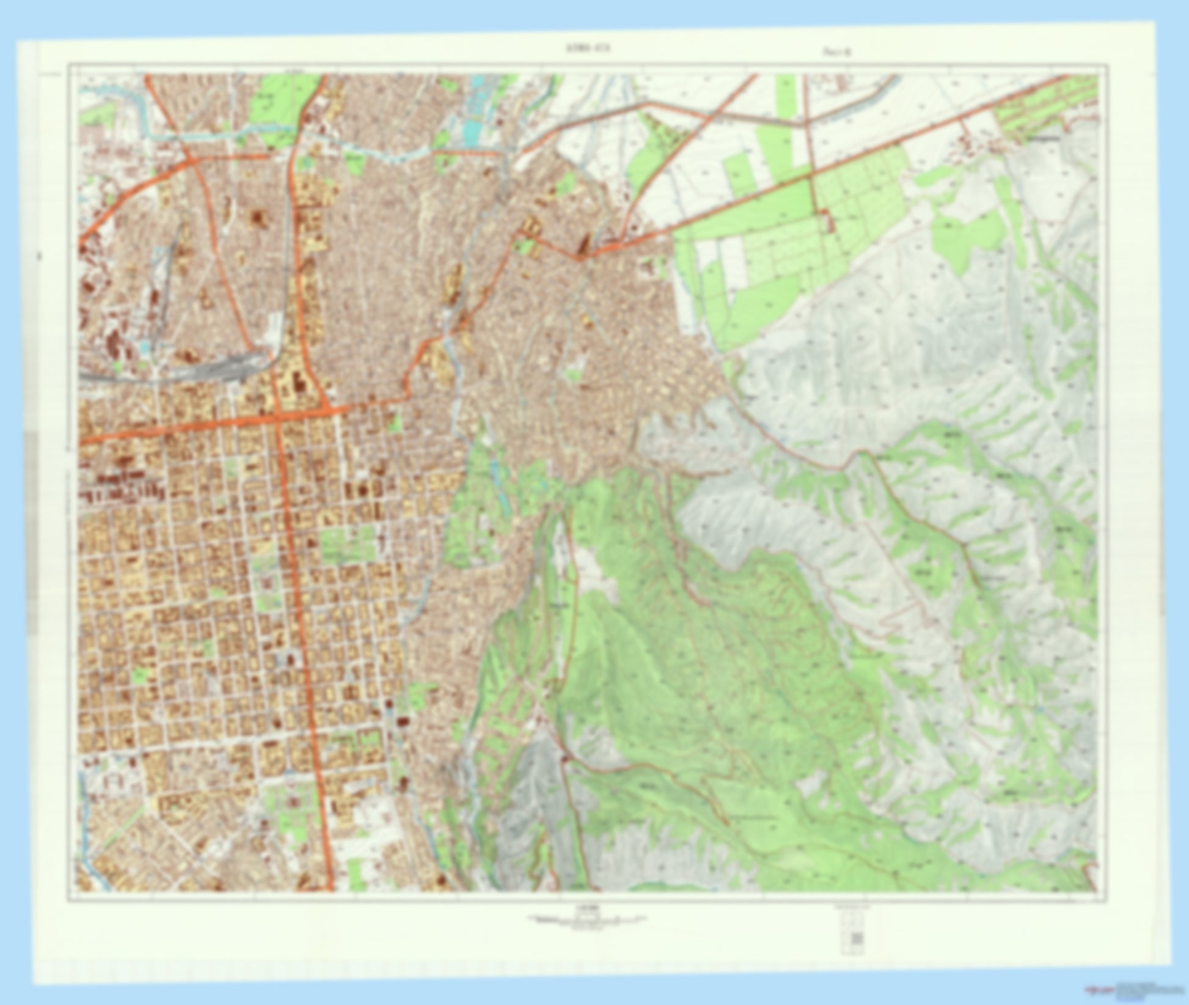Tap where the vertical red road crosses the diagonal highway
click(812, 174)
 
